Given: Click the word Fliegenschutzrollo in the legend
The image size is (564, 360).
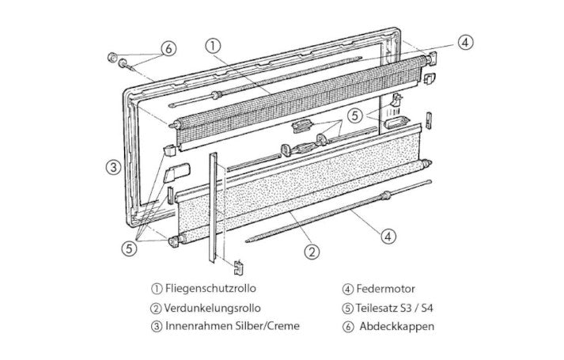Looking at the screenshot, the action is point(210,289).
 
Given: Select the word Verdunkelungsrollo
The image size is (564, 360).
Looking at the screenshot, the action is point(212,308).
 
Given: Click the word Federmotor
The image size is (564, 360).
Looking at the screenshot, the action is point(385,289).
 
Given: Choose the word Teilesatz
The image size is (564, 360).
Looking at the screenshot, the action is point(377,309).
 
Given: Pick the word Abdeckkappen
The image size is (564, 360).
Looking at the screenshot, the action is point(397,327).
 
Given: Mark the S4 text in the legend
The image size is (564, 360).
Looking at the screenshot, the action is point(427,309).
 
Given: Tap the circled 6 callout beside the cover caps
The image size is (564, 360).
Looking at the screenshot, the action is point(168,48).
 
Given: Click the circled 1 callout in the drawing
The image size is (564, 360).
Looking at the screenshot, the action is point(213,46).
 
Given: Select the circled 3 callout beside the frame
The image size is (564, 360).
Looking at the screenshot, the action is point(114,167).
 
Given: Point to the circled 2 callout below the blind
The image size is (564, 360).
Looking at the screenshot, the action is point(312,252).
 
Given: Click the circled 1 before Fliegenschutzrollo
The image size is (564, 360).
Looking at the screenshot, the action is point(157,289).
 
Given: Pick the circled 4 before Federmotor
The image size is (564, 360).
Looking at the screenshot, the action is point(347,289).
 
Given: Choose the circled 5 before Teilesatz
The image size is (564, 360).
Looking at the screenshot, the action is point(347,309).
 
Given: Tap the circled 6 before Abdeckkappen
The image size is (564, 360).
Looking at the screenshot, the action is point(347,327).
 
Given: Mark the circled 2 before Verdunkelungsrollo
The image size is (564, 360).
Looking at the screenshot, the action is point(155,309).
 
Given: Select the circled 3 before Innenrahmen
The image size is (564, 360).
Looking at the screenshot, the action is point(157,326).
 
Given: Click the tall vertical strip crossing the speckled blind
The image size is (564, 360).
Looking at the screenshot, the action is point(213,207).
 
